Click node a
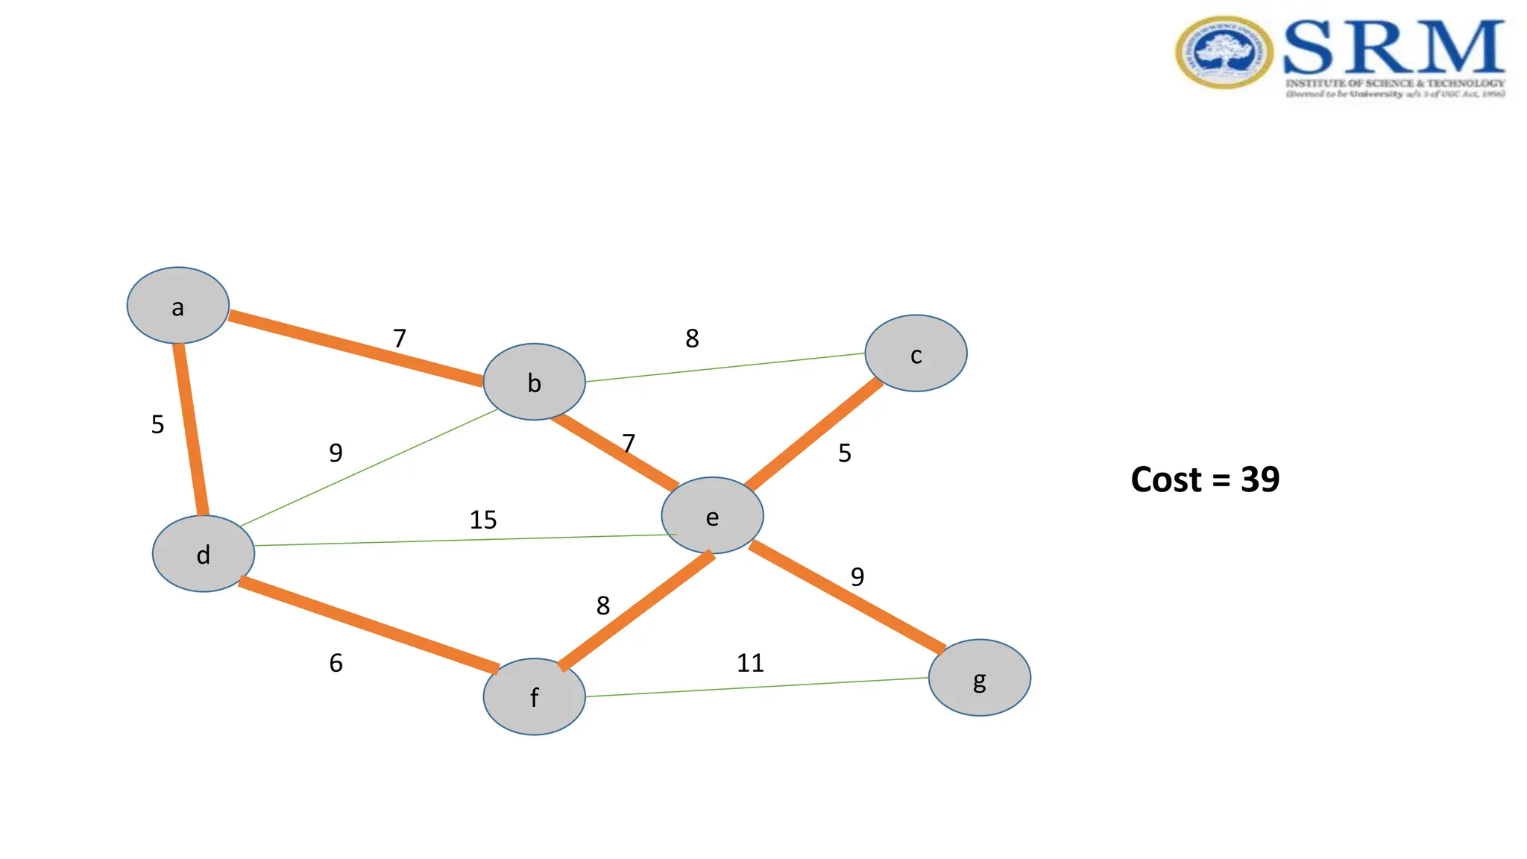coord(177,306)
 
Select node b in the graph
coord(534,382)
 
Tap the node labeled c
coord(916,353)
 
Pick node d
coord(204,554)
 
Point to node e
coord(712,516)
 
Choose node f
coord(534,696)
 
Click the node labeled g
coord(979,678)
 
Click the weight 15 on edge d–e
coord(482,520)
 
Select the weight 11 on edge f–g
coord(750,663)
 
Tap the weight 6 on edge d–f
coord(336,663)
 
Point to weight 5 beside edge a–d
coord(157,424)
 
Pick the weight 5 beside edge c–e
coord(844,453)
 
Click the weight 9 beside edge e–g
coord(857,576)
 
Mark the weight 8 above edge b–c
coord(692,339)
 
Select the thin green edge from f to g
coord(757,687)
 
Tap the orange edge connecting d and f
coord(368,624)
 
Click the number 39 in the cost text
coord(1260,479)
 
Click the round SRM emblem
coord(1224,53)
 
